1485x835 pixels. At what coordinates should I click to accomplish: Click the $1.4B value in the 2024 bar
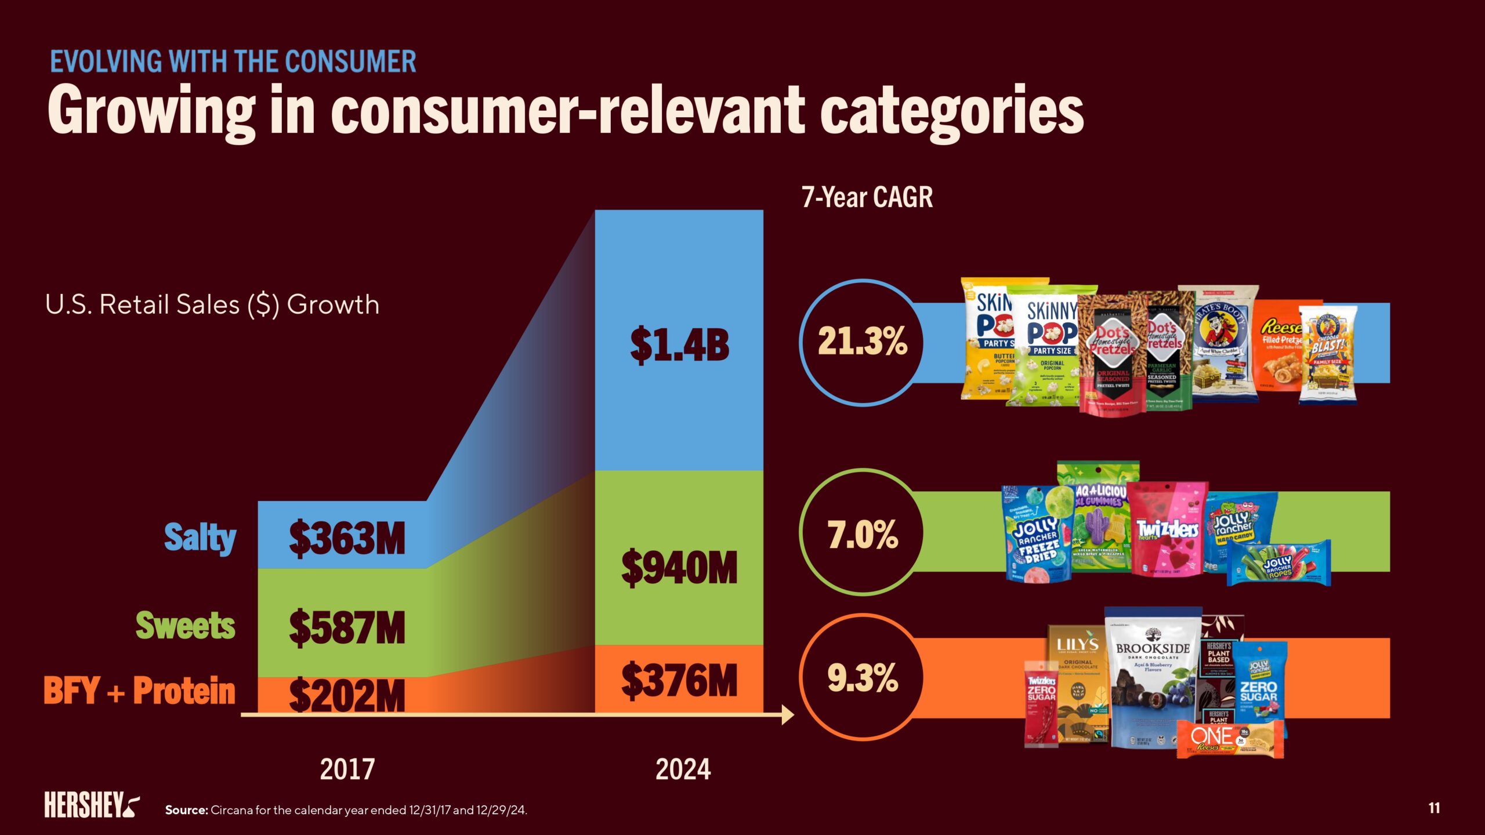(679, 346)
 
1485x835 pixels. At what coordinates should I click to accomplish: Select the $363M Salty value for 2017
(347, 539)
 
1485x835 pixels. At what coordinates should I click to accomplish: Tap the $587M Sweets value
(347, 627)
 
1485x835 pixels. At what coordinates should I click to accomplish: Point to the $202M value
(347, 695)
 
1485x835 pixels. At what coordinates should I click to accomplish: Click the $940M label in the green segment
(679, 568)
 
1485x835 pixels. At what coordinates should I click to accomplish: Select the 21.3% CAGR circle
(863, 342)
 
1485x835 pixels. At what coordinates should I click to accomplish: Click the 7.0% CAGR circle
(863, 533)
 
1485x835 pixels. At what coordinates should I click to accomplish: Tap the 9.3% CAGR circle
(863, 677)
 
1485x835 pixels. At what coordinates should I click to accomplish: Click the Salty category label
(200, 538)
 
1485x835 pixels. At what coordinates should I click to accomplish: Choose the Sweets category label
(186, 626)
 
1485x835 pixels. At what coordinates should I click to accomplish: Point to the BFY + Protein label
(140, 691)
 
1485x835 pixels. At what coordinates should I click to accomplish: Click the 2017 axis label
(347, 769)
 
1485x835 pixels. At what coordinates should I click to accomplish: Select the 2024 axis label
(683, 769)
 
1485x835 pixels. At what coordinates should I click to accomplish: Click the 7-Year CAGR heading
(867, 197)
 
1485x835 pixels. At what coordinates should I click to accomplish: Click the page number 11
(1434, 808)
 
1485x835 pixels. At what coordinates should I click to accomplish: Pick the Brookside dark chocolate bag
(1153, 678)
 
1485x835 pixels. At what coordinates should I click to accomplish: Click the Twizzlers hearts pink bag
(1167, 531)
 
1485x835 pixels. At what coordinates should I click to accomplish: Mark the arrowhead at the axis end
(788, 715)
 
